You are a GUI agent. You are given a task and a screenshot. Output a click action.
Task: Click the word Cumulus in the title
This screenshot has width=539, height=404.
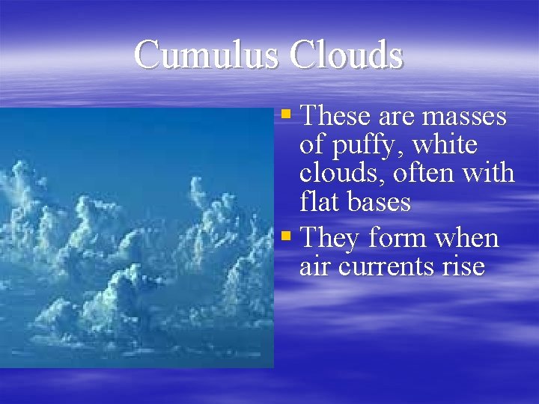[x=206, y=55]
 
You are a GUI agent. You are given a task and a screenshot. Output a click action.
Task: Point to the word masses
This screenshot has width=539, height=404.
[x=464, y=117]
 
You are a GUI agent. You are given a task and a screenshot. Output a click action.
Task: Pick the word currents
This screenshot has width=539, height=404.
[x=384, y=267]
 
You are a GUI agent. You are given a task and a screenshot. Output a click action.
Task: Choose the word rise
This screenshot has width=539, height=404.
[x=463, y=266]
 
